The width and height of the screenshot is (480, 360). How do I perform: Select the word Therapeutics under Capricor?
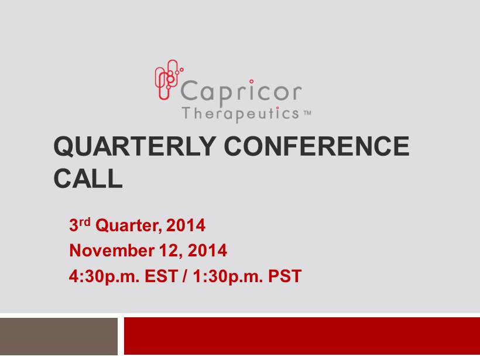click(241, 115)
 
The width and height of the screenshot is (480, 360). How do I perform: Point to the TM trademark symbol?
click(307, 113)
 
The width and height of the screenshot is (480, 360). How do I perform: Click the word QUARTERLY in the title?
click(135, 146)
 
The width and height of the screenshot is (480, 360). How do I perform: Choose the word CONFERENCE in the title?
click(317, 146)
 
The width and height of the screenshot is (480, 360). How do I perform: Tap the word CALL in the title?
click(88, 179)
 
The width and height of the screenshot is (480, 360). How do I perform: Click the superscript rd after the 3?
click(85, 222)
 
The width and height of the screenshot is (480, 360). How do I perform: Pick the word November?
click(112, 251)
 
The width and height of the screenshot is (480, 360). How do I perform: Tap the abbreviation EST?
click(161, 276)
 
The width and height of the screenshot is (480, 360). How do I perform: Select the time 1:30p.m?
click(228, 276)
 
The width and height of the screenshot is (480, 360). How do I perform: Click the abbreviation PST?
click(284, 276)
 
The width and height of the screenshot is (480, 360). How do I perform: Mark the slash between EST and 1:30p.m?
click(185, 276)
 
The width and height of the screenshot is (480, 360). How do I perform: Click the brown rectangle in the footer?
click(59, 337)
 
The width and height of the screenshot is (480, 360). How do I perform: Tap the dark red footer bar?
click(302, 336)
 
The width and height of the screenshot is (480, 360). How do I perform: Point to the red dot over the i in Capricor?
click(251, 81)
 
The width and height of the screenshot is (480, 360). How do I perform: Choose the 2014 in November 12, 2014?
click(207, 251)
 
